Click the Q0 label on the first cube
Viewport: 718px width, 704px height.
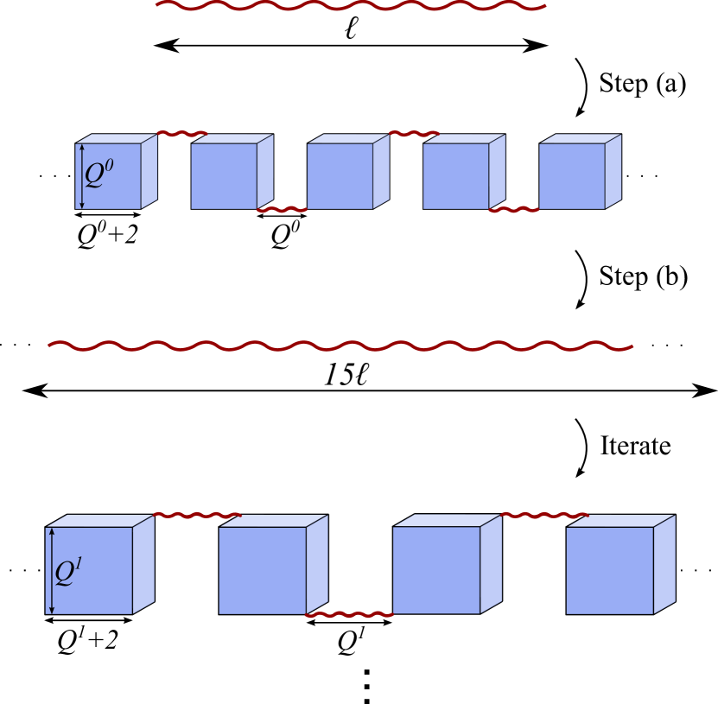98,173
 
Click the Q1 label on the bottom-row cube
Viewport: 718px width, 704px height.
68,571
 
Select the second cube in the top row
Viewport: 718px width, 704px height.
225,175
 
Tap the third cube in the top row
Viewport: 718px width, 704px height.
340,175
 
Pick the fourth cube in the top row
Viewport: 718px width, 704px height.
456,175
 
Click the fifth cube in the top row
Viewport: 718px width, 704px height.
572,175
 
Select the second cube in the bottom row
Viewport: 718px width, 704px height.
263,570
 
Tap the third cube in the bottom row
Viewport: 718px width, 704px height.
437,570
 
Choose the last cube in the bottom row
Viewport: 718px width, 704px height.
610,570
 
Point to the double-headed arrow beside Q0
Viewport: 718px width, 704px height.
82,176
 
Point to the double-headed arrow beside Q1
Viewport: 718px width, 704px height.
52,571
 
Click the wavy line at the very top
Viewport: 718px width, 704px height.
351,6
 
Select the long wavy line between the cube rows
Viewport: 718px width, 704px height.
340,346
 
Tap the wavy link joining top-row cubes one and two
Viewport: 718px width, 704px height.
181,134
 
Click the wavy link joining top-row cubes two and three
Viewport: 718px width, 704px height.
282,210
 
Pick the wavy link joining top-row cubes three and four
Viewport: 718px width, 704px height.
414,134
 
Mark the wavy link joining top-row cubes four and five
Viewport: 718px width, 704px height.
514,210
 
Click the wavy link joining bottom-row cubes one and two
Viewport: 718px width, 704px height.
197,516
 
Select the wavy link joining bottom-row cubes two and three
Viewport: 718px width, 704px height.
349,615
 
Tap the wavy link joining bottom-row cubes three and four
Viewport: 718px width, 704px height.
544,516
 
